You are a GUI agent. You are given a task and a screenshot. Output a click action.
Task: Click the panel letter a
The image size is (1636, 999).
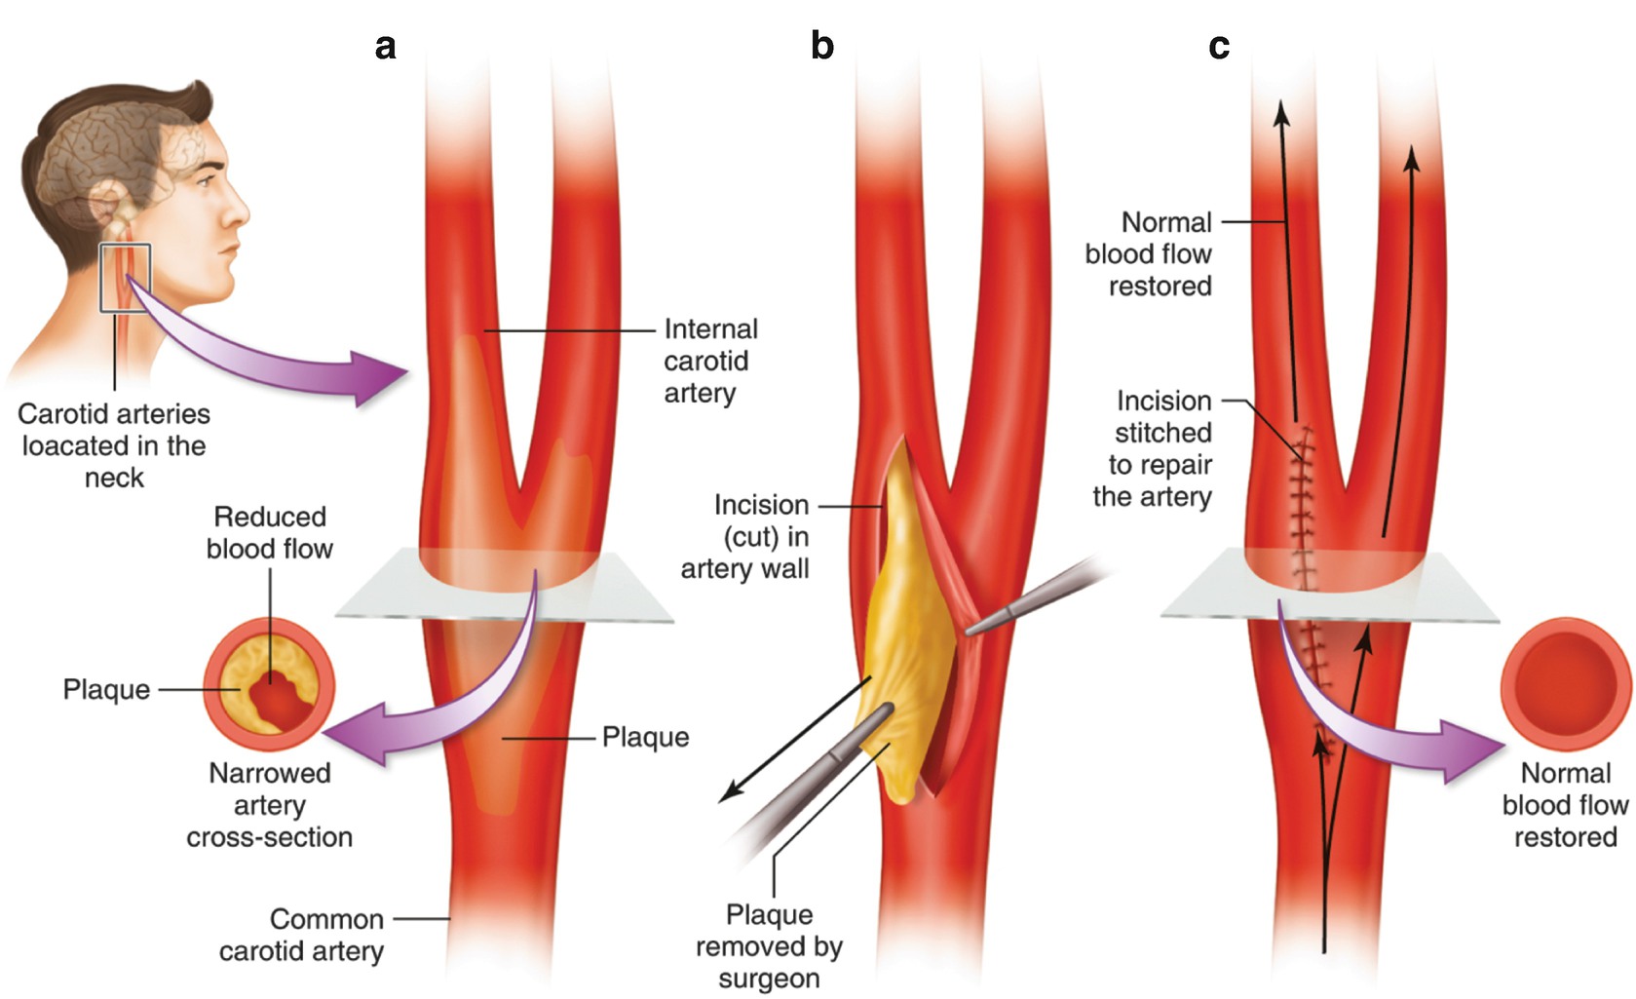tap(386, 46)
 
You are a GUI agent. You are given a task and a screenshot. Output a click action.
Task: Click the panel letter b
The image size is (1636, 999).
tap(821, 46)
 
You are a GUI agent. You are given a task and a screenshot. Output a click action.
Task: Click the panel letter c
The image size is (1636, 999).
tap(1218, 46)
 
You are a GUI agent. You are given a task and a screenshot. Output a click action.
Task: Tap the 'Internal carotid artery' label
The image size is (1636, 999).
tap(709, 361)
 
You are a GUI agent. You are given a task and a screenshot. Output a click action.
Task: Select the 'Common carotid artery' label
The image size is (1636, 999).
tap(301, 935)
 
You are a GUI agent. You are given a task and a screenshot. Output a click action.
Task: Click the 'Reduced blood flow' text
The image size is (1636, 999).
tap(270, 532)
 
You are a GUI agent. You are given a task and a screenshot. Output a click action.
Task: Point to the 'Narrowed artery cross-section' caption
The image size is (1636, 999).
tap(270, 805)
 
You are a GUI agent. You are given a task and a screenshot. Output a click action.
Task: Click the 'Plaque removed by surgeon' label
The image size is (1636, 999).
tap(769, 946)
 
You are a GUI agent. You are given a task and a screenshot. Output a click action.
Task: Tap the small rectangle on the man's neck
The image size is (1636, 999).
tap(125, 278)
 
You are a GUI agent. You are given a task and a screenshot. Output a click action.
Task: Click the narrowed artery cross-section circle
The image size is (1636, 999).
tap(270, 689)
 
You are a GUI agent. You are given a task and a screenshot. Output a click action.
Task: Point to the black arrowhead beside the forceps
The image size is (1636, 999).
tap(726, 796)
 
